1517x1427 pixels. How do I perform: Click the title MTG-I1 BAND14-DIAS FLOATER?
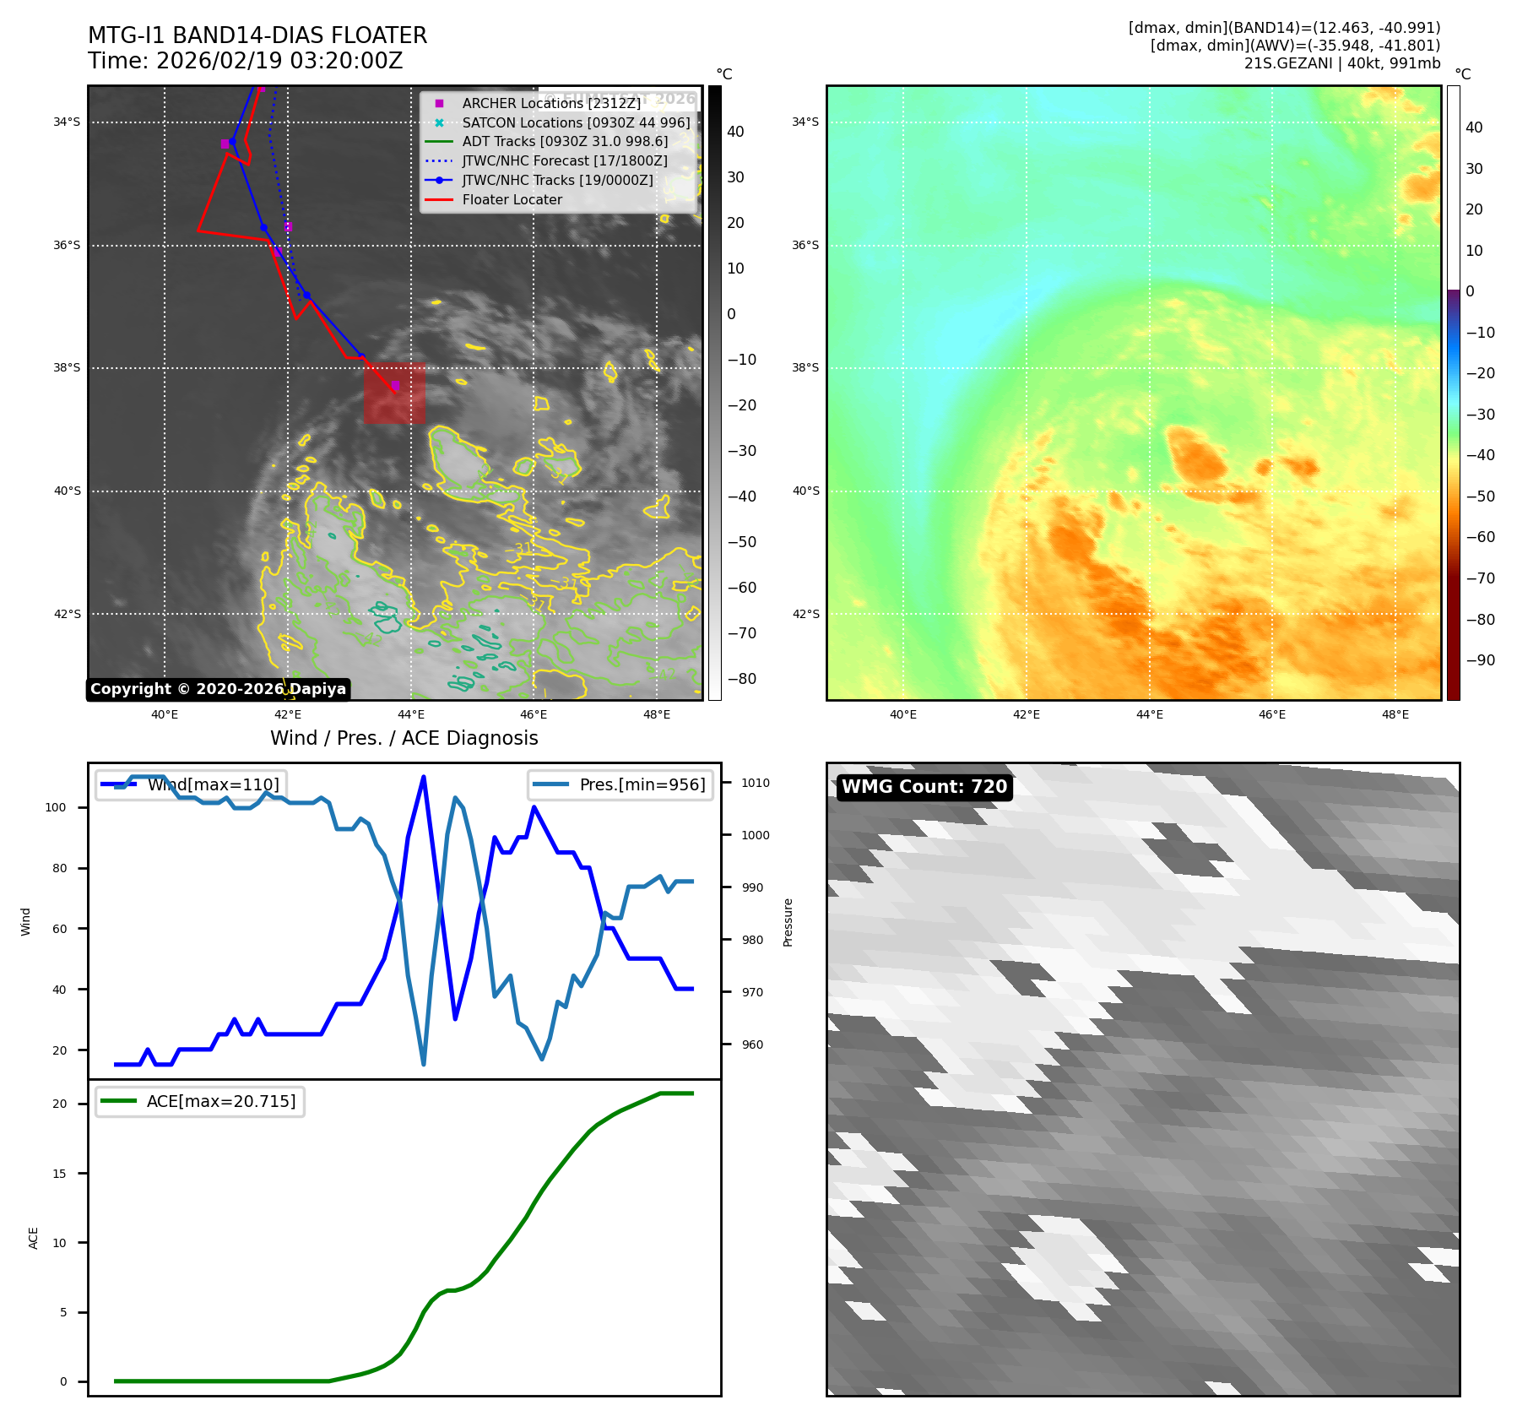[x=257, y=35]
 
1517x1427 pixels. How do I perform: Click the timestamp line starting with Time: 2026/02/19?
[x=245, y=61]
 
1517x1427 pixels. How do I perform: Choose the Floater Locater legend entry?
[x=512, y=200]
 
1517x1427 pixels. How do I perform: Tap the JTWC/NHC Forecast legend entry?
[x=564, y=161]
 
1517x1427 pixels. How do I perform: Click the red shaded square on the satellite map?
[x=394, y=393]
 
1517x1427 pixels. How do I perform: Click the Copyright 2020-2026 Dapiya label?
[x=218, y=689]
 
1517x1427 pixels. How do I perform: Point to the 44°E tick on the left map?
[x=411, y=714]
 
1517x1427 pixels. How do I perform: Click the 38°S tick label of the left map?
[x=67, y=368]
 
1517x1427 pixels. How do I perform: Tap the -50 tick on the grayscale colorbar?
[x=741, y=542]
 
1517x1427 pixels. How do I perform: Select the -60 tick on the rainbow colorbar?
[x=1480, y=537]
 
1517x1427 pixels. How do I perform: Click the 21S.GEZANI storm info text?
[x=1341, y=63]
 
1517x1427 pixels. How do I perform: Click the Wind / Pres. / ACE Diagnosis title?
[x=404, y=738]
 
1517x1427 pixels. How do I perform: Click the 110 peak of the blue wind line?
[x=423, y=777]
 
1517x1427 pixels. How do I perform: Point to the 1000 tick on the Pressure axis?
[x=755, y=835]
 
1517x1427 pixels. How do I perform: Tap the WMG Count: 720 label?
[x=924, y=787]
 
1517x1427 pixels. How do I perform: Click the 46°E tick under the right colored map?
[x=1272, y=714]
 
